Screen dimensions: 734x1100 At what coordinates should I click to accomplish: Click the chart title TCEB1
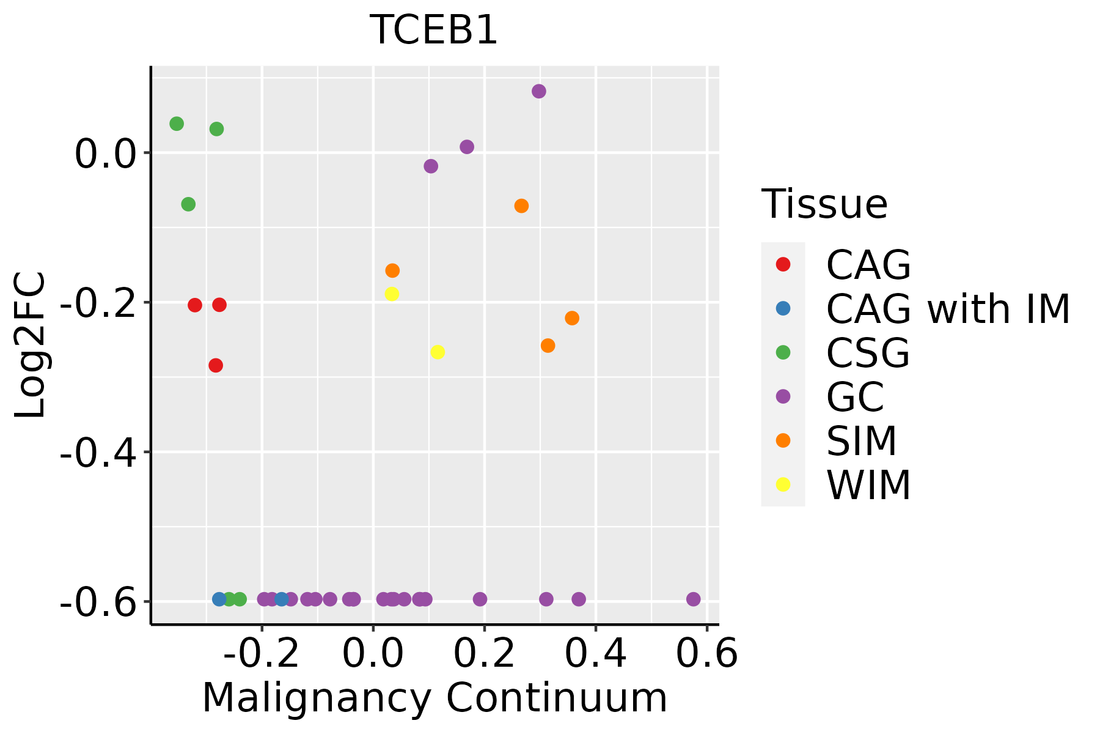(434, 29)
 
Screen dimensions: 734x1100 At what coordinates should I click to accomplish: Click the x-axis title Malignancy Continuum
(435, 698)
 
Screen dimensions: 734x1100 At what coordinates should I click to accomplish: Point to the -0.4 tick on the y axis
(98, 453)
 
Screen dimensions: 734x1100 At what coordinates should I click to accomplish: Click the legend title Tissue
(824, 204)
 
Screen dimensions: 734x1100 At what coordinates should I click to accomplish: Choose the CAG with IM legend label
(948, 309)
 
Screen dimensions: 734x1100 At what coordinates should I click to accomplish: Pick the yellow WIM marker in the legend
(783, 484)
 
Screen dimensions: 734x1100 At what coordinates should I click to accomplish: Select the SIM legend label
(861, 441)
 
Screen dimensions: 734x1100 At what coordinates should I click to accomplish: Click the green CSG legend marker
(783, 352)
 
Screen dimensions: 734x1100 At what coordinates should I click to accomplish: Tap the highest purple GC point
(538, 92)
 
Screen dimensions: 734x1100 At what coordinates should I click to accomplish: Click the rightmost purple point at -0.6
(693, 599)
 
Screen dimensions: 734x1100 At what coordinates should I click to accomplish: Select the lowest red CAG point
(216, 366)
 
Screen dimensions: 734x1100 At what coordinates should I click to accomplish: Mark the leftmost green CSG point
(177, 124)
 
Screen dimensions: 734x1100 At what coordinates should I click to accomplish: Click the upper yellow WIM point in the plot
(392, 294)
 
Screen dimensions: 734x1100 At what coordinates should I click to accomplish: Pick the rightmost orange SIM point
(572, 318)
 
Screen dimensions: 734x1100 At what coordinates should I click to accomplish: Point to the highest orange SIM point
(521, 206)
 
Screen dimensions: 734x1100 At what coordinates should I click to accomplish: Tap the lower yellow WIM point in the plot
(438, 352)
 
